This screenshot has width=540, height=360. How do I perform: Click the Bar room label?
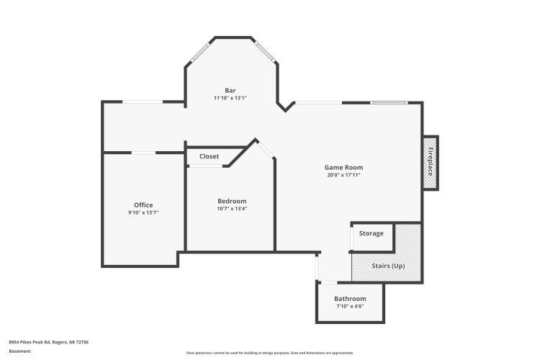230,90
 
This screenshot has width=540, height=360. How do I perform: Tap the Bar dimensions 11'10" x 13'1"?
230,98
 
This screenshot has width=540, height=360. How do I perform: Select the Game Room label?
343,167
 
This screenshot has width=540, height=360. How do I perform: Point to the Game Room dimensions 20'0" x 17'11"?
343,175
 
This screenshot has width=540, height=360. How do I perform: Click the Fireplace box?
431,163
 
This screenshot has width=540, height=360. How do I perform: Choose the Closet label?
209,156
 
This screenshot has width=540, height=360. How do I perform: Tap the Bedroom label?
232,201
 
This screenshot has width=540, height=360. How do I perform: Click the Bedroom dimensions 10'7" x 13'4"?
232,209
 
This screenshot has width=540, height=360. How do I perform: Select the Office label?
143,205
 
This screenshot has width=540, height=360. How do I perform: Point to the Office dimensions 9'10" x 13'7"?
143,213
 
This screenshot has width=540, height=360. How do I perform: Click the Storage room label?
372,233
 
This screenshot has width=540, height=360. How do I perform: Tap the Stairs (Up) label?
387,266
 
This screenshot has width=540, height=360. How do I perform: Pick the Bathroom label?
350,299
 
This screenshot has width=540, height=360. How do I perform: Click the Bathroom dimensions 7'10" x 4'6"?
350,307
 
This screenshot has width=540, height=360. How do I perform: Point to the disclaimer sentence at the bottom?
270,353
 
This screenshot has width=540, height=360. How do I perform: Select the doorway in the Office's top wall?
143,153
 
